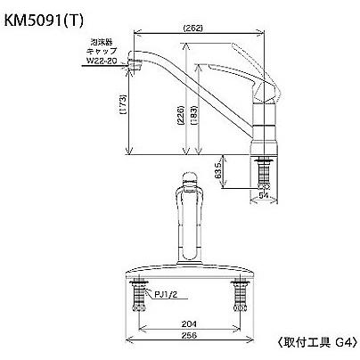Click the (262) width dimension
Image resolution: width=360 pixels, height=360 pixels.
coord(199,29)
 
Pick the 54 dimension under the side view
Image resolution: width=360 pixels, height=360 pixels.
coord(263,193)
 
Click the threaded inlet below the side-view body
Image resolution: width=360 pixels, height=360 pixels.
coord(264,169)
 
